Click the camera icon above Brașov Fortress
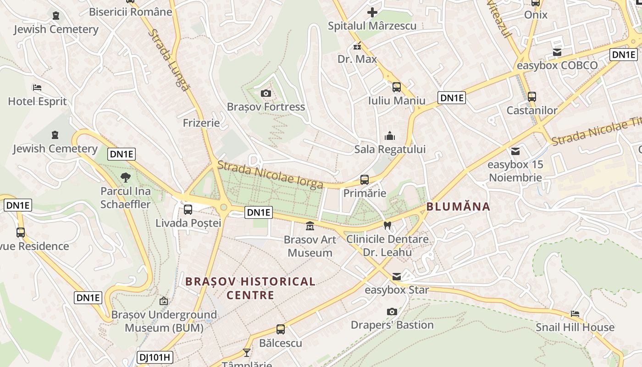(x=266, y=94)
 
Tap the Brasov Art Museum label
(x=310, y=246)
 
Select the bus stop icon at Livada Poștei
(x=188, y=210)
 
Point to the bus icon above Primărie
(x=365, y=179)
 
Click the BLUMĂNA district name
(x=458, y=206)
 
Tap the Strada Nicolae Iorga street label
(x=271, y=175)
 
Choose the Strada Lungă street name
(x=169, y=59)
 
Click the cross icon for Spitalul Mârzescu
(x=372, y=12)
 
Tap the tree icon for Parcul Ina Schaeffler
(x=125, y=178)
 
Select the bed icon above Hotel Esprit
(x=37, y=87)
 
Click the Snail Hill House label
(x=575, y=327)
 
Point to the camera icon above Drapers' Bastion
(x=392, y=311)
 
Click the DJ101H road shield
(x=155, y=357)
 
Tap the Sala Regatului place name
(x=390, y=149)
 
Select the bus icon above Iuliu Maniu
(x=397, y=87)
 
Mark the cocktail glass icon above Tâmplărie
(x=247, y=352)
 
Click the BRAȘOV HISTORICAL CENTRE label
(x=250, y=288)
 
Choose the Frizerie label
(x=201, y=122)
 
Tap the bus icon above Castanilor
(x=532, y=97)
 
